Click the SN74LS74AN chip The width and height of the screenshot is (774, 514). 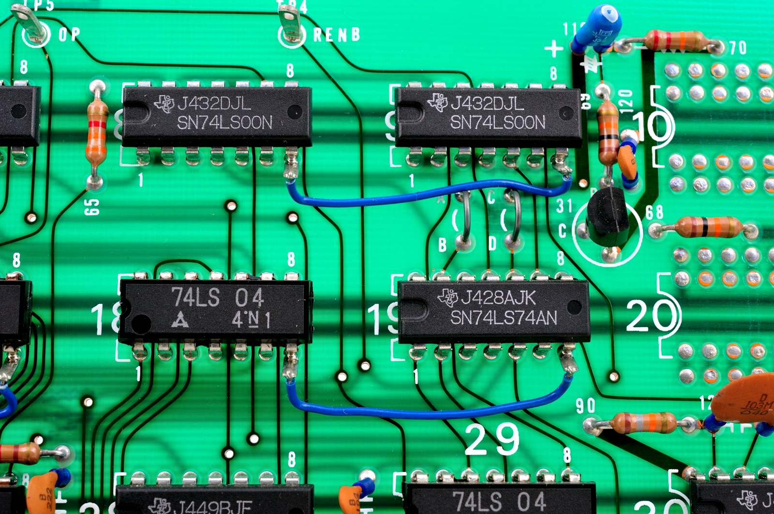click(493, 310)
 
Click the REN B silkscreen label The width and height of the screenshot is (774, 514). click(336, 35)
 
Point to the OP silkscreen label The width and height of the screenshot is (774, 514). click(69, 34)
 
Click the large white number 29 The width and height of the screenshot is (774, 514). click(492, 439)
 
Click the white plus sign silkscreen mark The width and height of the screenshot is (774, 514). click(554, 48)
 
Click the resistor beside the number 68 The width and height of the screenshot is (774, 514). click(709, 227)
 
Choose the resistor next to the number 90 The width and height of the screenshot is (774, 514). click(643, 423)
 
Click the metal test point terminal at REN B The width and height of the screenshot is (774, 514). click(290, 24)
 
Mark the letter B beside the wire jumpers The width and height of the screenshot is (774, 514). click(442, 245)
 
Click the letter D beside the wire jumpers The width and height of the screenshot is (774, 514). click(492, 243)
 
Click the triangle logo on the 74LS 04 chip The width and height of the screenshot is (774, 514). click(180, 319)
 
